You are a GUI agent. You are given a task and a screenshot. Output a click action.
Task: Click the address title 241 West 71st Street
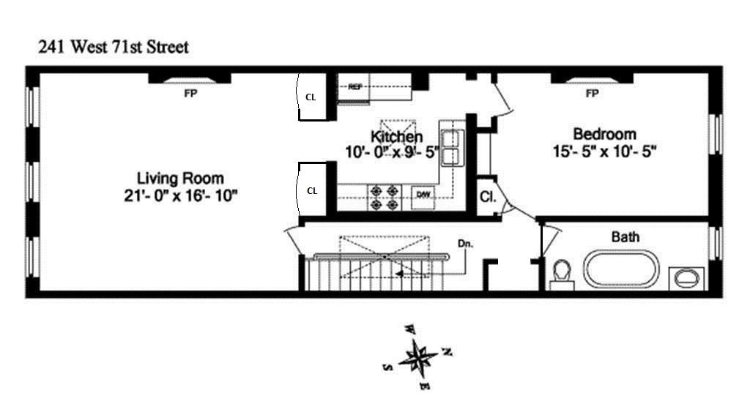pyautogui.click(x=114, y=48)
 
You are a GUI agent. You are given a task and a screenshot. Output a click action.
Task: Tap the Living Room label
pyautogui.click(x=180, y=178)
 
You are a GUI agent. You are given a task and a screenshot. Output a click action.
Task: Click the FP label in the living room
pyautogui.click(x=190, y=94)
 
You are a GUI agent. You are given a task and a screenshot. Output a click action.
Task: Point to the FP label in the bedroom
pyautogui.click(x=592, y=94)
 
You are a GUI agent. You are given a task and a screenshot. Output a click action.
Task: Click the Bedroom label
pyautogui.click(x=604, y=135)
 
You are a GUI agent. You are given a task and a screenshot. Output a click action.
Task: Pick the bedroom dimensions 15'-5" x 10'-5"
pyautogui.click(x=605, y=152)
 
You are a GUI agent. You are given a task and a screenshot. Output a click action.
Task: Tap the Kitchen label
pyautogui.click(x=396, y=137)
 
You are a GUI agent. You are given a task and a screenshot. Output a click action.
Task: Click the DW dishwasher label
pyautogui.click(x=423, y=194)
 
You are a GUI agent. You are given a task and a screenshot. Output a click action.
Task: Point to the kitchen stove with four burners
pyautogui.click(x=384, y=196)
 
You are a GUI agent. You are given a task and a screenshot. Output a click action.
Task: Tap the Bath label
pyautogui.click(x=625, y=236)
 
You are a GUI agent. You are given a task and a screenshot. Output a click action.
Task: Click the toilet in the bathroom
pyautogui.click(x=562, y=273)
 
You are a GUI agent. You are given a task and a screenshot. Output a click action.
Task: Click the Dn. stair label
pyautogui.click(x=465, y=243)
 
